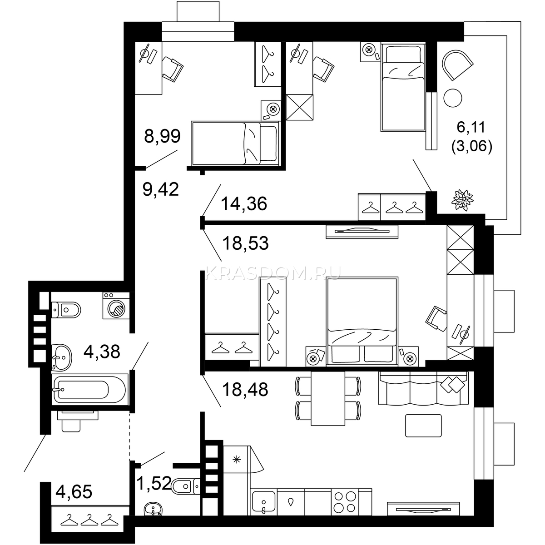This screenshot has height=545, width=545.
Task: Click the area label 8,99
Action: pos(162,136)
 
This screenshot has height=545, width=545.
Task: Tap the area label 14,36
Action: pos(244,203)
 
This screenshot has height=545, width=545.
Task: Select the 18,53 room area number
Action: pos(246,243)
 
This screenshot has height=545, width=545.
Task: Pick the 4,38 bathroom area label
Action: pos(102,352)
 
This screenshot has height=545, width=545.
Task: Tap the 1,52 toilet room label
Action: pos(154,483)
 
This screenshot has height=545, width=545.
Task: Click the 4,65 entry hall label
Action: pos(74,492)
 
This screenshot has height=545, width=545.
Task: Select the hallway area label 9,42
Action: pos(161,189)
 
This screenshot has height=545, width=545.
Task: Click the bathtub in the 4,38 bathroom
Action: pos(89,390)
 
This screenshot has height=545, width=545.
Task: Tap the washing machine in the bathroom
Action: pos(116,305)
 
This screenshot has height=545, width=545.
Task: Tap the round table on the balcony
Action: pos(453,98)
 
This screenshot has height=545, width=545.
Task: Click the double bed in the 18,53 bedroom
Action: pos(362,322)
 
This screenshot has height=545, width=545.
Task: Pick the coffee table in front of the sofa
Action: pos(423,426)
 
